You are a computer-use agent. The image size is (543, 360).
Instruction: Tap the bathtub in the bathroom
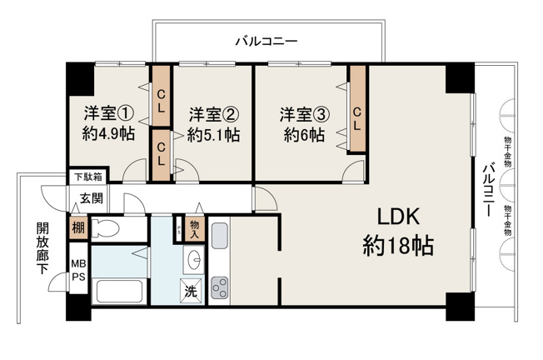point(119,291)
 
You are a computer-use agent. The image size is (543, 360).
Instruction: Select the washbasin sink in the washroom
point(194,258)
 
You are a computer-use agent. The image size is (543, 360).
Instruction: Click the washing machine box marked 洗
point(190,291)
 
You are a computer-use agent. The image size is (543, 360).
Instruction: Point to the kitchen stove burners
point(220,287)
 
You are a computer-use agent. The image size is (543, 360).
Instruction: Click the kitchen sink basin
point(220,236)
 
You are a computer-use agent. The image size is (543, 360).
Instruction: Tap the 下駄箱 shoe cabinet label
point(88,177)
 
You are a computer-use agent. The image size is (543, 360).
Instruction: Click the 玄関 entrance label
point(92,198)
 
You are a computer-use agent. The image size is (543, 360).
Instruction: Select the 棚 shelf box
point(78,228)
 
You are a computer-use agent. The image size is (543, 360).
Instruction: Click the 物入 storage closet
point(195,228)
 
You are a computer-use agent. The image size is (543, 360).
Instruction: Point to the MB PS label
point(78,270)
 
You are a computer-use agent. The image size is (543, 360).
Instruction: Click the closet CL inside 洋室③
point(357,109)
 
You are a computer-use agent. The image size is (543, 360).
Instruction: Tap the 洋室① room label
point(108,113)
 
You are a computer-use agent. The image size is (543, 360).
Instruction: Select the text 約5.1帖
point(213,135)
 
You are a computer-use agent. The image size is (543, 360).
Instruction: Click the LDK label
point(398,217)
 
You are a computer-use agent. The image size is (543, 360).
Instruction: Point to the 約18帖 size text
point(398,245)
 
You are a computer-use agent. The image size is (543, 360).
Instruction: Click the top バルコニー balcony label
point(267,42)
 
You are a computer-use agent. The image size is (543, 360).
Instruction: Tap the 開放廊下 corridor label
point(42,248)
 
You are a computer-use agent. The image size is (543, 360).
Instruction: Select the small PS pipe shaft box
point(179,229)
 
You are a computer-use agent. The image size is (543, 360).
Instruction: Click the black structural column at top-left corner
point(80,79)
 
